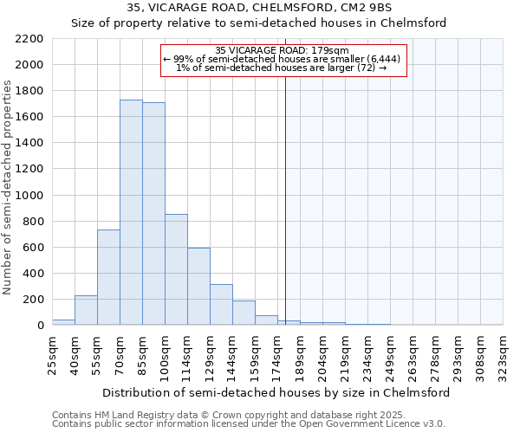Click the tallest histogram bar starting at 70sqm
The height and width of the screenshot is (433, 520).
(x=131, y=212)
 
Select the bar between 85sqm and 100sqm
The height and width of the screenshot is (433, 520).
(x=153, y=213)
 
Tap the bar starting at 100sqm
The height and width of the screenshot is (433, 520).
(x=176, y=269)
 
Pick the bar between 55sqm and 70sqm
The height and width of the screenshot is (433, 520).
(x=108, y=277)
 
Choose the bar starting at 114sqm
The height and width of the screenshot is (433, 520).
(x=198, y=286)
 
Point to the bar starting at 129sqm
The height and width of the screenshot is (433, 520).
(x=221, y=304)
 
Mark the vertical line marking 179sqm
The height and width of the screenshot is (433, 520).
(x=285, y=199)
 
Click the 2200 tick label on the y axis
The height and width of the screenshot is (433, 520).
(x=29, y=39)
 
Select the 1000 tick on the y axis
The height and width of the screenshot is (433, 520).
(x=29, y=196)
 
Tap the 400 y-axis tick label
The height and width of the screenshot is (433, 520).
(x=33, y=274)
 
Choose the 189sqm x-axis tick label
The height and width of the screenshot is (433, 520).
(x=300, y=353)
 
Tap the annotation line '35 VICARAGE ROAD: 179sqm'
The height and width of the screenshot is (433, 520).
(x=282, y=50)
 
